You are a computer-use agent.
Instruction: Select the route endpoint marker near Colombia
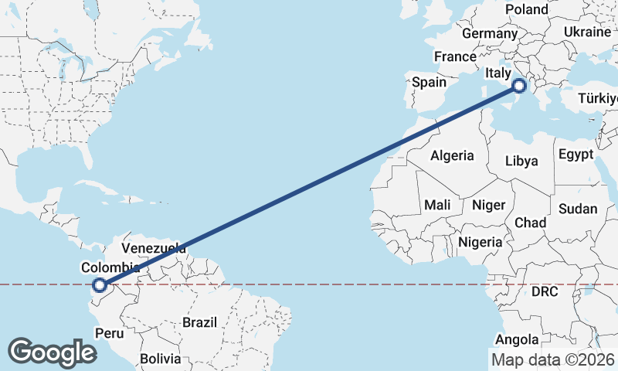click(99, 286)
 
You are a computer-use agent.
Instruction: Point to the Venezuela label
click(154, 248)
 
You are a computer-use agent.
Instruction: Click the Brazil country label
click(201, 322)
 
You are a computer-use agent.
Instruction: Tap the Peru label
click(108, 334)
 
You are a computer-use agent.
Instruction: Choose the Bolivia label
click(161, 359)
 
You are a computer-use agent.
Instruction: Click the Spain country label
click(429, 82)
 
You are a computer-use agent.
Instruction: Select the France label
click(455, 57)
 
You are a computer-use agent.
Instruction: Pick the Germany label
click(490, 34)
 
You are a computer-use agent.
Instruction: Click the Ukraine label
click(587, 32)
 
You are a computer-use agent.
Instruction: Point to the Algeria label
click(452, 155)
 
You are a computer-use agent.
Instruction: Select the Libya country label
click(521, 162)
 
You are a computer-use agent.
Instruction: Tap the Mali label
click(437, 205)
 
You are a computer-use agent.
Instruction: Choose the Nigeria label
click(480, 242)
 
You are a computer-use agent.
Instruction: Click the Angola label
click(517, 339)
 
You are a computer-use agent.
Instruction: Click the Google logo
click(52, 352)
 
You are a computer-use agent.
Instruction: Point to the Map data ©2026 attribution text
click(552, 359)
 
